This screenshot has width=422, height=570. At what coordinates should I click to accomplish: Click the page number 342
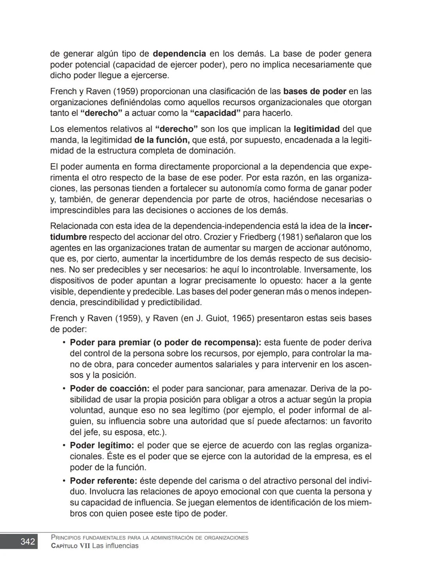coord(27,541)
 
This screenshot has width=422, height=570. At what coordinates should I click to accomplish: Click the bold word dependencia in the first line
coord(179,54)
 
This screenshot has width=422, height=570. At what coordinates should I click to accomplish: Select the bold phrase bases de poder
coord(315,91)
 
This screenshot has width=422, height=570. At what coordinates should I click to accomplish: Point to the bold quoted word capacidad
coord(215,113)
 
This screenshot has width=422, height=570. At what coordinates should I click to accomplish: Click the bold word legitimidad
coord(316,129)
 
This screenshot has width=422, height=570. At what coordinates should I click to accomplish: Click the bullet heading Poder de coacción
coord(109,389)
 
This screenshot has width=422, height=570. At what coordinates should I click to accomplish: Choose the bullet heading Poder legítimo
coord(102,445)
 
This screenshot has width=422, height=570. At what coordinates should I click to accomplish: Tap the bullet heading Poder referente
coord(104,481)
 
